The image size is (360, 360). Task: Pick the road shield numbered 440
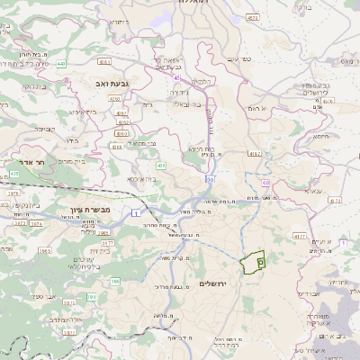click(x=60, y=64)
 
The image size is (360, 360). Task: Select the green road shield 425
click(x=14, y=173)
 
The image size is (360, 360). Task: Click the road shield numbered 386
click(x=115, y=282)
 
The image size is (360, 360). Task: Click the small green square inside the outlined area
click(x=260, y=262)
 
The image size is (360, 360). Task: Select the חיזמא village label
click(x=320, y=134)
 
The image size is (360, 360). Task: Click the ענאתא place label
click(x=314, y=191)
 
